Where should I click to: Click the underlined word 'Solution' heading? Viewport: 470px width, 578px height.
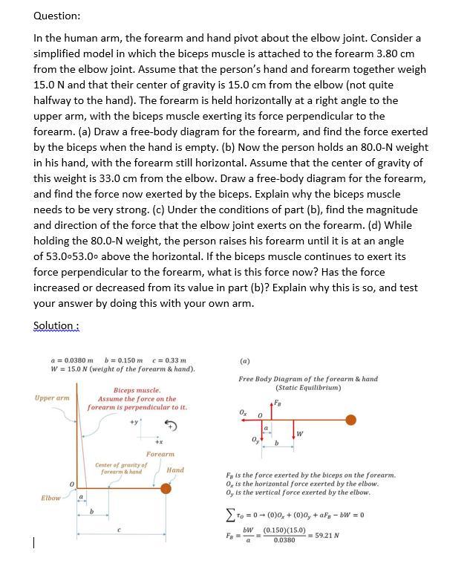coord(55,325)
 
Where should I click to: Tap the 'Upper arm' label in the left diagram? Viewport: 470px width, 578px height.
coord(52,397)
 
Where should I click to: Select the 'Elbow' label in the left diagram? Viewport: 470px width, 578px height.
coord(50,497)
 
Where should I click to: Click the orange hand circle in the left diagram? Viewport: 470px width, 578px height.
coord(166,488)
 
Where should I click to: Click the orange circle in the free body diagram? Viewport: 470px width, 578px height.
coord(350,420)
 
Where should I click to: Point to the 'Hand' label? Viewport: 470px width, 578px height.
coord(175,470)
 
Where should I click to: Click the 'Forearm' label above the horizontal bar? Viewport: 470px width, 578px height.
coord(160,453)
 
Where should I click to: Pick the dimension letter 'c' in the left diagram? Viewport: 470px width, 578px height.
coord(118,529)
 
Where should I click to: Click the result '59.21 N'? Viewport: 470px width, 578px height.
coord(322,535)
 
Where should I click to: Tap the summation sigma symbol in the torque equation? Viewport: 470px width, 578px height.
coord(230,515)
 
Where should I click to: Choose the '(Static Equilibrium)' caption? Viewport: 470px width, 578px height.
coord(307,387)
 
